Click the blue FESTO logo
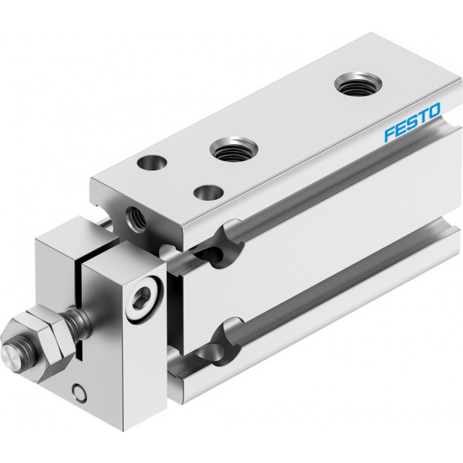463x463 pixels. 412,122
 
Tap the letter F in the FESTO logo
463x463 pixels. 390,134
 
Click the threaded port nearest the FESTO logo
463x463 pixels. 358,84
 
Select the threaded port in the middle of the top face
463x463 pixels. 234,149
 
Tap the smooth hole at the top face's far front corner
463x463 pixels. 152,162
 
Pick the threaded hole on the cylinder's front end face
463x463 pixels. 136,218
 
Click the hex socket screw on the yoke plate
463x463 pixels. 144,298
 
